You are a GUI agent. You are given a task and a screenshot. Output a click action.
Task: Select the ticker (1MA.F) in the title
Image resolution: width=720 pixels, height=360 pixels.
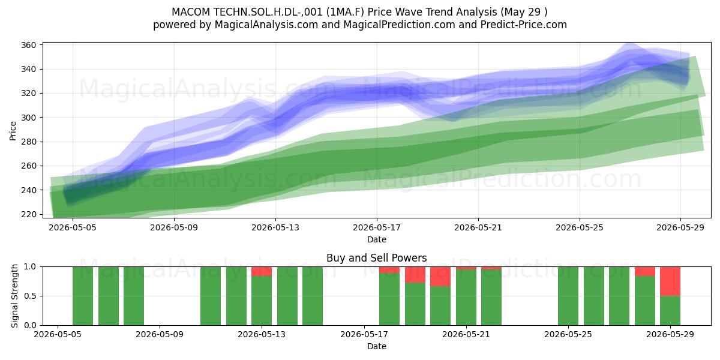[x=345, y=12]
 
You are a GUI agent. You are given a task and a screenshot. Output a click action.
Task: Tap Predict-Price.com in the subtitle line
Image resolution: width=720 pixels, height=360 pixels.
[x=524, y=25]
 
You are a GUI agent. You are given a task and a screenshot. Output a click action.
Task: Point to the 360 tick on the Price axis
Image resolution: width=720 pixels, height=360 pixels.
[x=28, y=45]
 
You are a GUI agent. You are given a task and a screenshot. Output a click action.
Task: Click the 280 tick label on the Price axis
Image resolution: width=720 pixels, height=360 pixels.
[x=28, y=142]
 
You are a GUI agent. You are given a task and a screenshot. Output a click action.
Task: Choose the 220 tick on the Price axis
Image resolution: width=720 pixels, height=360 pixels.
[x=28, y=214]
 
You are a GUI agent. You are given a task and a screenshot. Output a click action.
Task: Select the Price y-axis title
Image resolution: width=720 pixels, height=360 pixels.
[x=13, y=131]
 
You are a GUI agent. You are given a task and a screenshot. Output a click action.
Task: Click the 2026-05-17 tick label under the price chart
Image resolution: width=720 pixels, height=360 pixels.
[x=377, y=228]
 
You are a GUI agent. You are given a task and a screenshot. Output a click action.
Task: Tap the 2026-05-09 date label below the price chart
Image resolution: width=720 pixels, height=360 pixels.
[x=174, y=228]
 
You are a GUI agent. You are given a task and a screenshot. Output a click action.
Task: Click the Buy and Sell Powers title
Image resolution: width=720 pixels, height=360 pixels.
[x=376, y=258]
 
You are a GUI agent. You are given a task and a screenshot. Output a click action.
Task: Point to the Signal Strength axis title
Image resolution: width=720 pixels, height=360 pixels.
[x=14, y=296]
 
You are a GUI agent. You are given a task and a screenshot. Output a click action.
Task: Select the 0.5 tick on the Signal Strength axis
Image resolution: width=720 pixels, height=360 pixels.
[x=30, y=296]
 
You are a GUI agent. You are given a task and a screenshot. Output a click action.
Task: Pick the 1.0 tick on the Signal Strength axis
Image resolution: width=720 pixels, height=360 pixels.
[x=30, y=267]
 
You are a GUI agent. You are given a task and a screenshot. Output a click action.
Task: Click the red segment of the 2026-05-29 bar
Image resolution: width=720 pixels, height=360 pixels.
[x=670, y=281]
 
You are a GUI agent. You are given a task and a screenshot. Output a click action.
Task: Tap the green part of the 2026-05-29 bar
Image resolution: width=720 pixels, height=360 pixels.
[x=670, y=311]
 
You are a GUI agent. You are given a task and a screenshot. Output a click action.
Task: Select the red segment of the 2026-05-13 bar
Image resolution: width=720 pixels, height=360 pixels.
[x=262, y=271]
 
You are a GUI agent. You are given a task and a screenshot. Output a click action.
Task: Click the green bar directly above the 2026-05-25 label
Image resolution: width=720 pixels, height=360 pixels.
[x=568, y=296]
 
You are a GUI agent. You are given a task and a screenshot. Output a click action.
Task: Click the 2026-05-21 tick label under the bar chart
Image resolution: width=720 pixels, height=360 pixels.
[x=466, y=335]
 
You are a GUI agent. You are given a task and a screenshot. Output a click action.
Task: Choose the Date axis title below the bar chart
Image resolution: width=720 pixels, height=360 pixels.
[x=377, y=347]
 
